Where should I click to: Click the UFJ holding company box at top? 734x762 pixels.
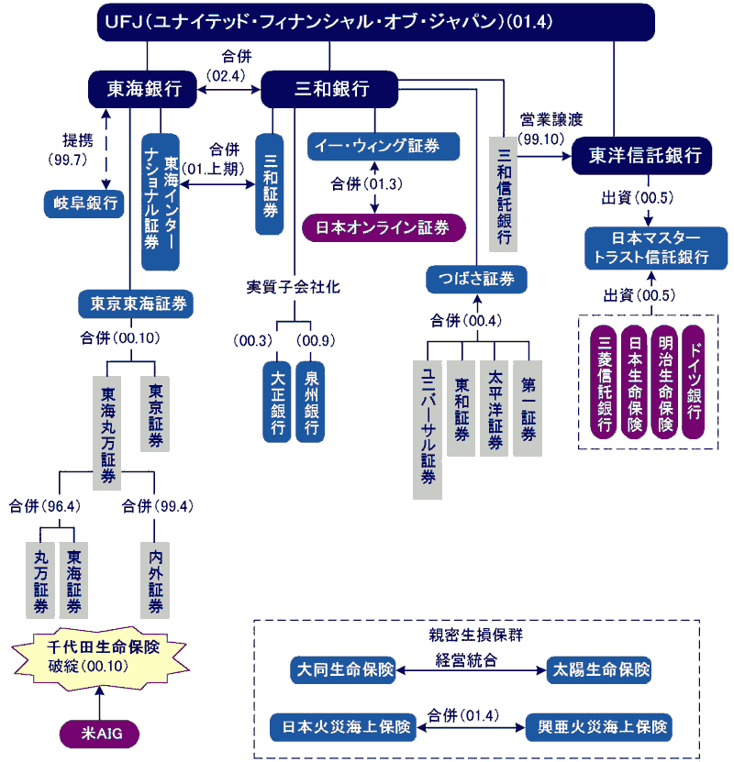pos(376,22)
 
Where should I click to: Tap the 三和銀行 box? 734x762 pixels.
pos(330,88)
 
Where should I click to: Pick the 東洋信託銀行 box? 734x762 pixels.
pos(639,155)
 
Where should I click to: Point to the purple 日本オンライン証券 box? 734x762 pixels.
pos(384,226)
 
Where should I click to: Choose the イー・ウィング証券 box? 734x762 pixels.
pos(382,146)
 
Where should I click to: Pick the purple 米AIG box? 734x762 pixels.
pos(98,733)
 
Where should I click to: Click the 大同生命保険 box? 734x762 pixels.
pos(342,670)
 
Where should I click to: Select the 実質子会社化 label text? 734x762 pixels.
pos(294,287)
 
